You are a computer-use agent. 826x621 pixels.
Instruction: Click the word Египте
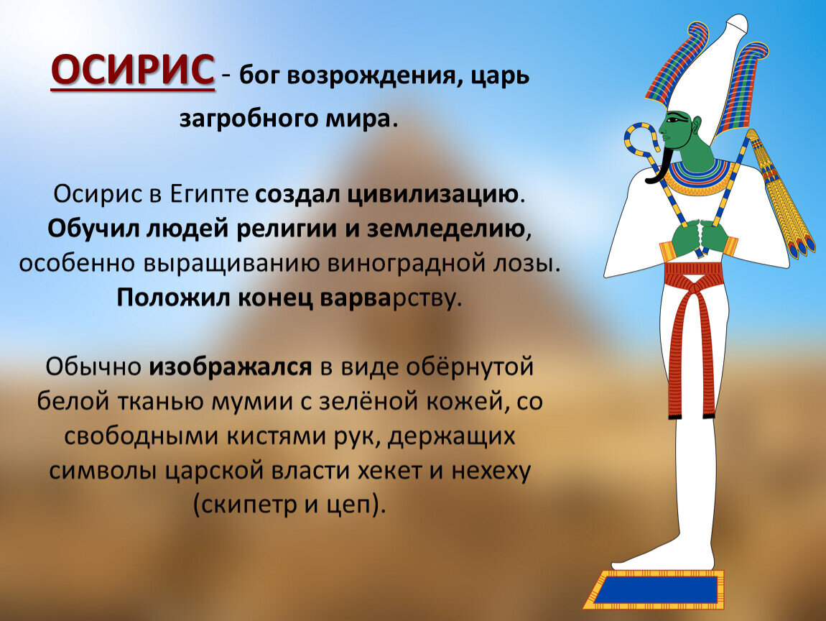[209, 194]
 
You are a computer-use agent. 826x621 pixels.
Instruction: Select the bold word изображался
[231, 367]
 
